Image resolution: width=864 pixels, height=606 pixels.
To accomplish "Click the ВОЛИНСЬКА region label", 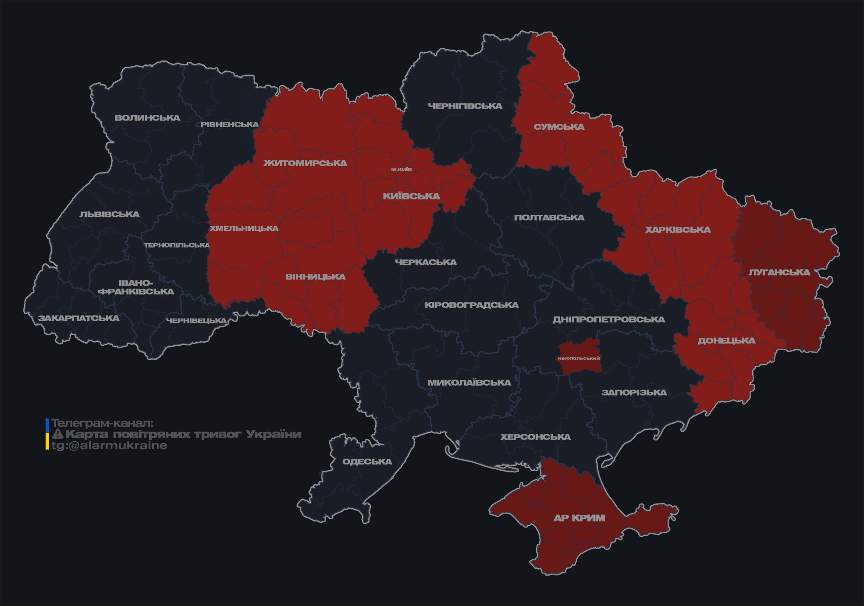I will point(147,118).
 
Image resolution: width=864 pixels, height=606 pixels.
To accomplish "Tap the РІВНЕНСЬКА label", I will point(230,124).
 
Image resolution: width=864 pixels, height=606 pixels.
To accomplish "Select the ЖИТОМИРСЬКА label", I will point(305,163).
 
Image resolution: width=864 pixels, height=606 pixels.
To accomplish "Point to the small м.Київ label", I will point(402,169).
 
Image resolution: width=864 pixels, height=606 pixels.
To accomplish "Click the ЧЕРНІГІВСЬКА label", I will point(465,106).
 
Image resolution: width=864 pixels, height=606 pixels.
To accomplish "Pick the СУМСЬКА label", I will point(559,127).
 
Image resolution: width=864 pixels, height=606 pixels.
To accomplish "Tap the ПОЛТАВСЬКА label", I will point(549,218).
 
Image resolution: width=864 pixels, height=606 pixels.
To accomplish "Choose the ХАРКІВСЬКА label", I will point(678,230).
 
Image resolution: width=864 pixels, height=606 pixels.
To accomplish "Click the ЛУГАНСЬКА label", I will point(779,273).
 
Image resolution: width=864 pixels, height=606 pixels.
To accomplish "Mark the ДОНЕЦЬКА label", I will point(726,340).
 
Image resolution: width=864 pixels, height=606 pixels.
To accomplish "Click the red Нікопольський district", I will point(579,358).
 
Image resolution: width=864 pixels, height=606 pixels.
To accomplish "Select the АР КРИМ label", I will point(579,518).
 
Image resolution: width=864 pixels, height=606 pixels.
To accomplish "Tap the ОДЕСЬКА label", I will point(367,461).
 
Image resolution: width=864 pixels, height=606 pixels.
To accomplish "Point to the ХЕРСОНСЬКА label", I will point(535,437).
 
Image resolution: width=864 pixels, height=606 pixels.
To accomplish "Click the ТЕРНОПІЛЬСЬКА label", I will point(177,245).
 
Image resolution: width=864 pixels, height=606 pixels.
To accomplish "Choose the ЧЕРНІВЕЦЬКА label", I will point(196,321).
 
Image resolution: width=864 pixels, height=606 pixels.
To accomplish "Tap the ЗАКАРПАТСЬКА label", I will point(78,318).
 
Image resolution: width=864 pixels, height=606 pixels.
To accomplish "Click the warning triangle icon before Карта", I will point(57,435).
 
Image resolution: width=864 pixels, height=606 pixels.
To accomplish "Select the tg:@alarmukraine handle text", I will point(109,446).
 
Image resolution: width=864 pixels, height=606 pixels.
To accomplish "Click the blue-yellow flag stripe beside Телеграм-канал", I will point(47,434).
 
